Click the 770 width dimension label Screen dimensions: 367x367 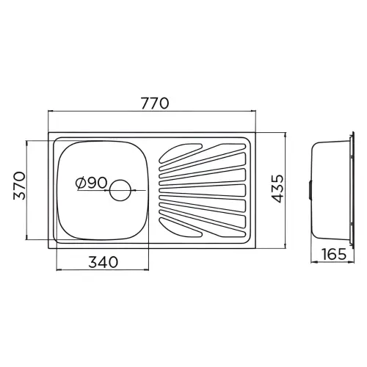(155, 103)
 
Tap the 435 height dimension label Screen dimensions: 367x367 (277, 189)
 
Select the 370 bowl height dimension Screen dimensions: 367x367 (19, 186)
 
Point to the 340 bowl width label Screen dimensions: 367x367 (103, 262)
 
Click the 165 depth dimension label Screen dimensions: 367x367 (334, 254)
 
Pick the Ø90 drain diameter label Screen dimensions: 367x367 (92, 183)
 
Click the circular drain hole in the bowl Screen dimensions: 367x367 (120, 190)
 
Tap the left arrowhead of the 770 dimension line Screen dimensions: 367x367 (50, 112)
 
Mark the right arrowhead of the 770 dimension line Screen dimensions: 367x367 (253, 112)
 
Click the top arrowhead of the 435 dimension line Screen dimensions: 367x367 (285, 135)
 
